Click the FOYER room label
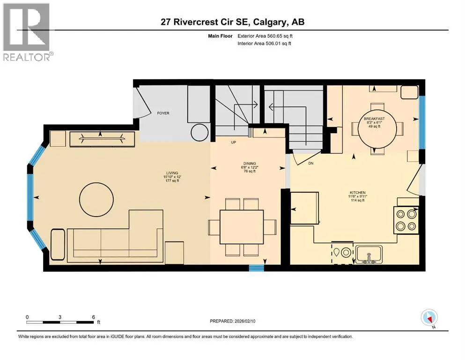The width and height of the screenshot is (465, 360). (x=163, y=113)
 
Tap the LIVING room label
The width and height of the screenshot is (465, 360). (x=172, y=172)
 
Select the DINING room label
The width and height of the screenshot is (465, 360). (x=250, y=164)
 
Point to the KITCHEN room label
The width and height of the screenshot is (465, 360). (x=357, y=193)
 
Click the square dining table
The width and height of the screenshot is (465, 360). (x=242, y=227)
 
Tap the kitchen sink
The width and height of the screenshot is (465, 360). (x=369, y=255)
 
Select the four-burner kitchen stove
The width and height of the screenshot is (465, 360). (x=406, y=220)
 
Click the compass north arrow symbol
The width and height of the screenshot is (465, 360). (x=429, y=318)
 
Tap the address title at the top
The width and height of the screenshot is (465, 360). (x=232, y=22)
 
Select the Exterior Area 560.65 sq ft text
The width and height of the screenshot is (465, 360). (x=265, y=36)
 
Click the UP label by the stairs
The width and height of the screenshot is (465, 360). (x=233, y=142)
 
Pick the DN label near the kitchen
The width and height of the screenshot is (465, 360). (x=311, y=163)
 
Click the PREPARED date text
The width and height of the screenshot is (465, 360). (x=232, y=321)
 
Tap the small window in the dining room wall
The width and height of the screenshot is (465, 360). (x=256, y=268)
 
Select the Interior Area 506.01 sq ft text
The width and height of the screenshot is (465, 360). (x=264, y=43)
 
